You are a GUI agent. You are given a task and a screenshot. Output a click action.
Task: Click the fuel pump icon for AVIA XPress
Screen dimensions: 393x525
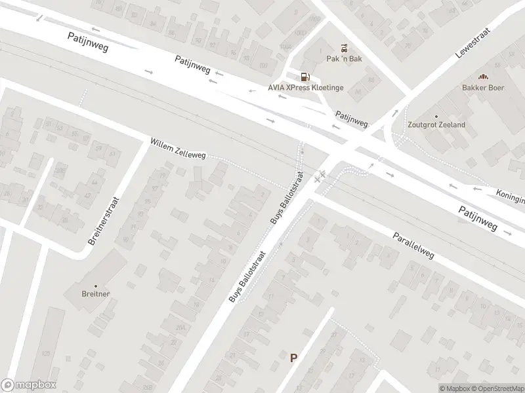tap(304, 77)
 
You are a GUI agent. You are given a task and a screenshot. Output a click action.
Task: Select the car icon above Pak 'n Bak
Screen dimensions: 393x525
tap(344, 47)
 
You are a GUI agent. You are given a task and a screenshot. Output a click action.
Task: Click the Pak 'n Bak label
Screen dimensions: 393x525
tap(344, 58)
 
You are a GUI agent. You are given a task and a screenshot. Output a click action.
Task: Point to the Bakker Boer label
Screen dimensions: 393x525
tap(483, 87)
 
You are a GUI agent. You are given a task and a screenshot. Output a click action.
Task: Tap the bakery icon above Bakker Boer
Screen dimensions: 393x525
tap(483, 77)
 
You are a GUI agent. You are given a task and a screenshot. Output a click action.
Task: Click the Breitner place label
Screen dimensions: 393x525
tap(96, 295)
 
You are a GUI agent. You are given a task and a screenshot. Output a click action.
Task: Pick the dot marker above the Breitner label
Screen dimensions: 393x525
tap(96, 286)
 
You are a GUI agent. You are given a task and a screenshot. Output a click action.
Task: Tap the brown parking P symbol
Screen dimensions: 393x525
tap(294, 358)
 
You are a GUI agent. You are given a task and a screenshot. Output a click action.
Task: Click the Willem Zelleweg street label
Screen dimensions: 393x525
tap(178, 148)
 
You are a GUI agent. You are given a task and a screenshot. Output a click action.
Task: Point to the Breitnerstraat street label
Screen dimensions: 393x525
tap(104, 221)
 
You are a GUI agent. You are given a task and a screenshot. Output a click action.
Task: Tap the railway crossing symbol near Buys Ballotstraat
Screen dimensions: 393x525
tap(320, 177)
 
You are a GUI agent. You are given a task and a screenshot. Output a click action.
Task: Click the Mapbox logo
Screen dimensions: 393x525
tap(28, 385)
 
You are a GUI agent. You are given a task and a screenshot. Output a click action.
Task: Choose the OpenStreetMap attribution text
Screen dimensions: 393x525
tap(497, 388)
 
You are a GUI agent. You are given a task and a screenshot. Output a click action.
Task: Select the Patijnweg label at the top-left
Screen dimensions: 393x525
tap(87, 43)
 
